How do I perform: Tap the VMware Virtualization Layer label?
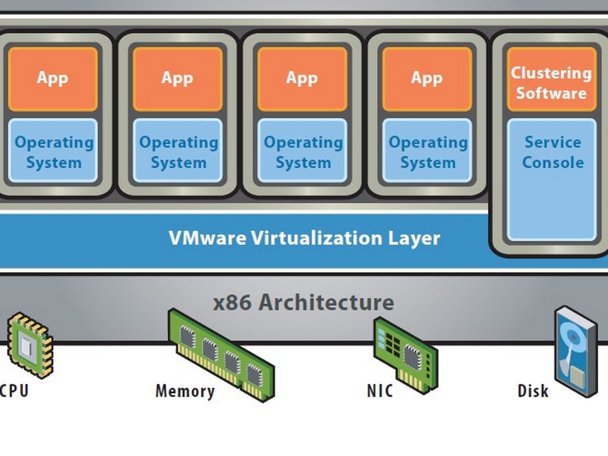tap(304, 238)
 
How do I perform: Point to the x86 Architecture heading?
tap(303, 302)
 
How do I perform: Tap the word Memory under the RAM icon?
tap(185, 391)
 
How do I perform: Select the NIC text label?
tap(380, 391)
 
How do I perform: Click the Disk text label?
tap(533, 391)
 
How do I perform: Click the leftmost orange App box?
tap(53, 79)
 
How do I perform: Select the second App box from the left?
tap(178, 79)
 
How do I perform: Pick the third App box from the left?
tap(302, 79)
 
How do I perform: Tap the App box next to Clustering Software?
tap(427, 79)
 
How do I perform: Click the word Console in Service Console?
tap(553, 163)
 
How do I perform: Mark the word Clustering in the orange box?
tap(551, 73)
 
